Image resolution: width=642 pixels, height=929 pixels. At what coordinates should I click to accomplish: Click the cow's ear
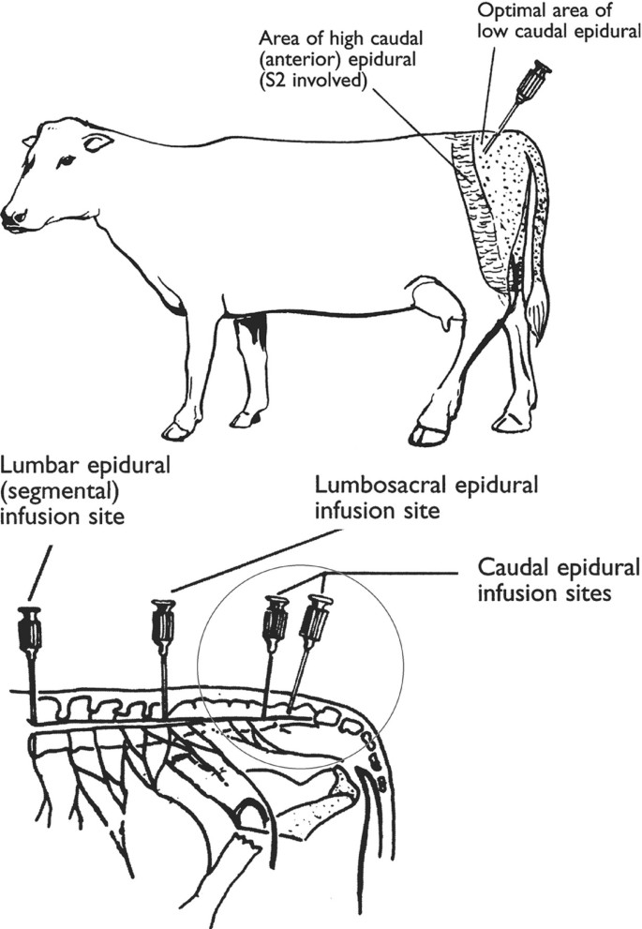pyautogui.click(x=97, y=142)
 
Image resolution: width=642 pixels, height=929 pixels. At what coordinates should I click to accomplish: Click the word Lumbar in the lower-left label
pyautogui.click(x=36, y=464)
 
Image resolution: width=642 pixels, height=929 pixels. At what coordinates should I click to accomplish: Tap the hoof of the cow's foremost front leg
pyautogui.click(x=176, y=431)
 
